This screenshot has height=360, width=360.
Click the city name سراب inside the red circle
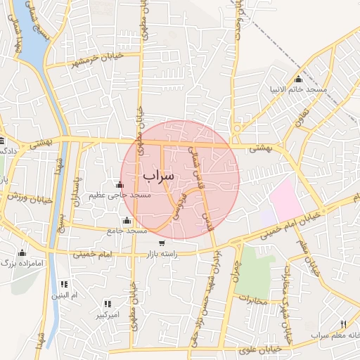pyautogui.click(x=157, y=175)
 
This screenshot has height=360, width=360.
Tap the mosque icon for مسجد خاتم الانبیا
pyautogui.click(x=299, y=79)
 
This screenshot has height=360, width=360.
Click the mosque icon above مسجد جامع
pyautogui.click(x=127, y=221)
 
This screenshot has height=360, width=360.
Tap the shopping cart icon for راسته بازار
pyautogui.click(x=162, y=243)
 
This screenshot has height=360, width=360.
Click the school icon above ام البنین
pyautogui.click(x=64, y=284)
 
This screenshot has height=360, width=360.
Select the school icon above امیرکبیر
pyautogui.click(x=108, y=304)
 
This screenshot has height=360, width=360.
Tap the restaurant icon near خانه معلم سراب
pyautogui.click(x=343, y=324)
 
